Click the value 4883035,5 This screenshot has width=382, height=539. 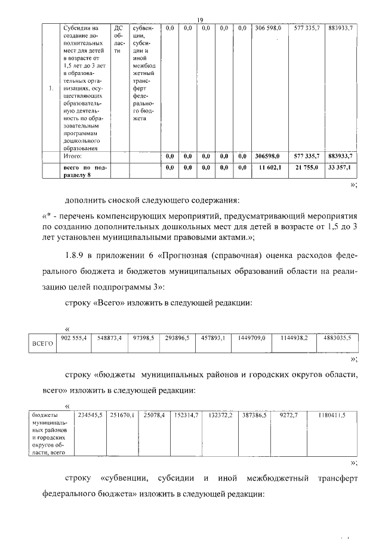pyautogui.click(x=337, y=338)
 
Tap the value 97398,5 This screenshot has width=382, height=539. pyautogui.click(x=144, y=338)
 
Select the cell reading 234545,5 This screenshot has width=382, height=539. pyautogui.click(x=87, y=414)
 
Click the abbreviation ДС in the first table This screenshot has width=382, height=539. pyautogui.click(x=118, y=28)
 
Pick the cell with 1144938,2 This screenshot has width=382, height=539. pyautogui.click(x=294, y=338)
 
